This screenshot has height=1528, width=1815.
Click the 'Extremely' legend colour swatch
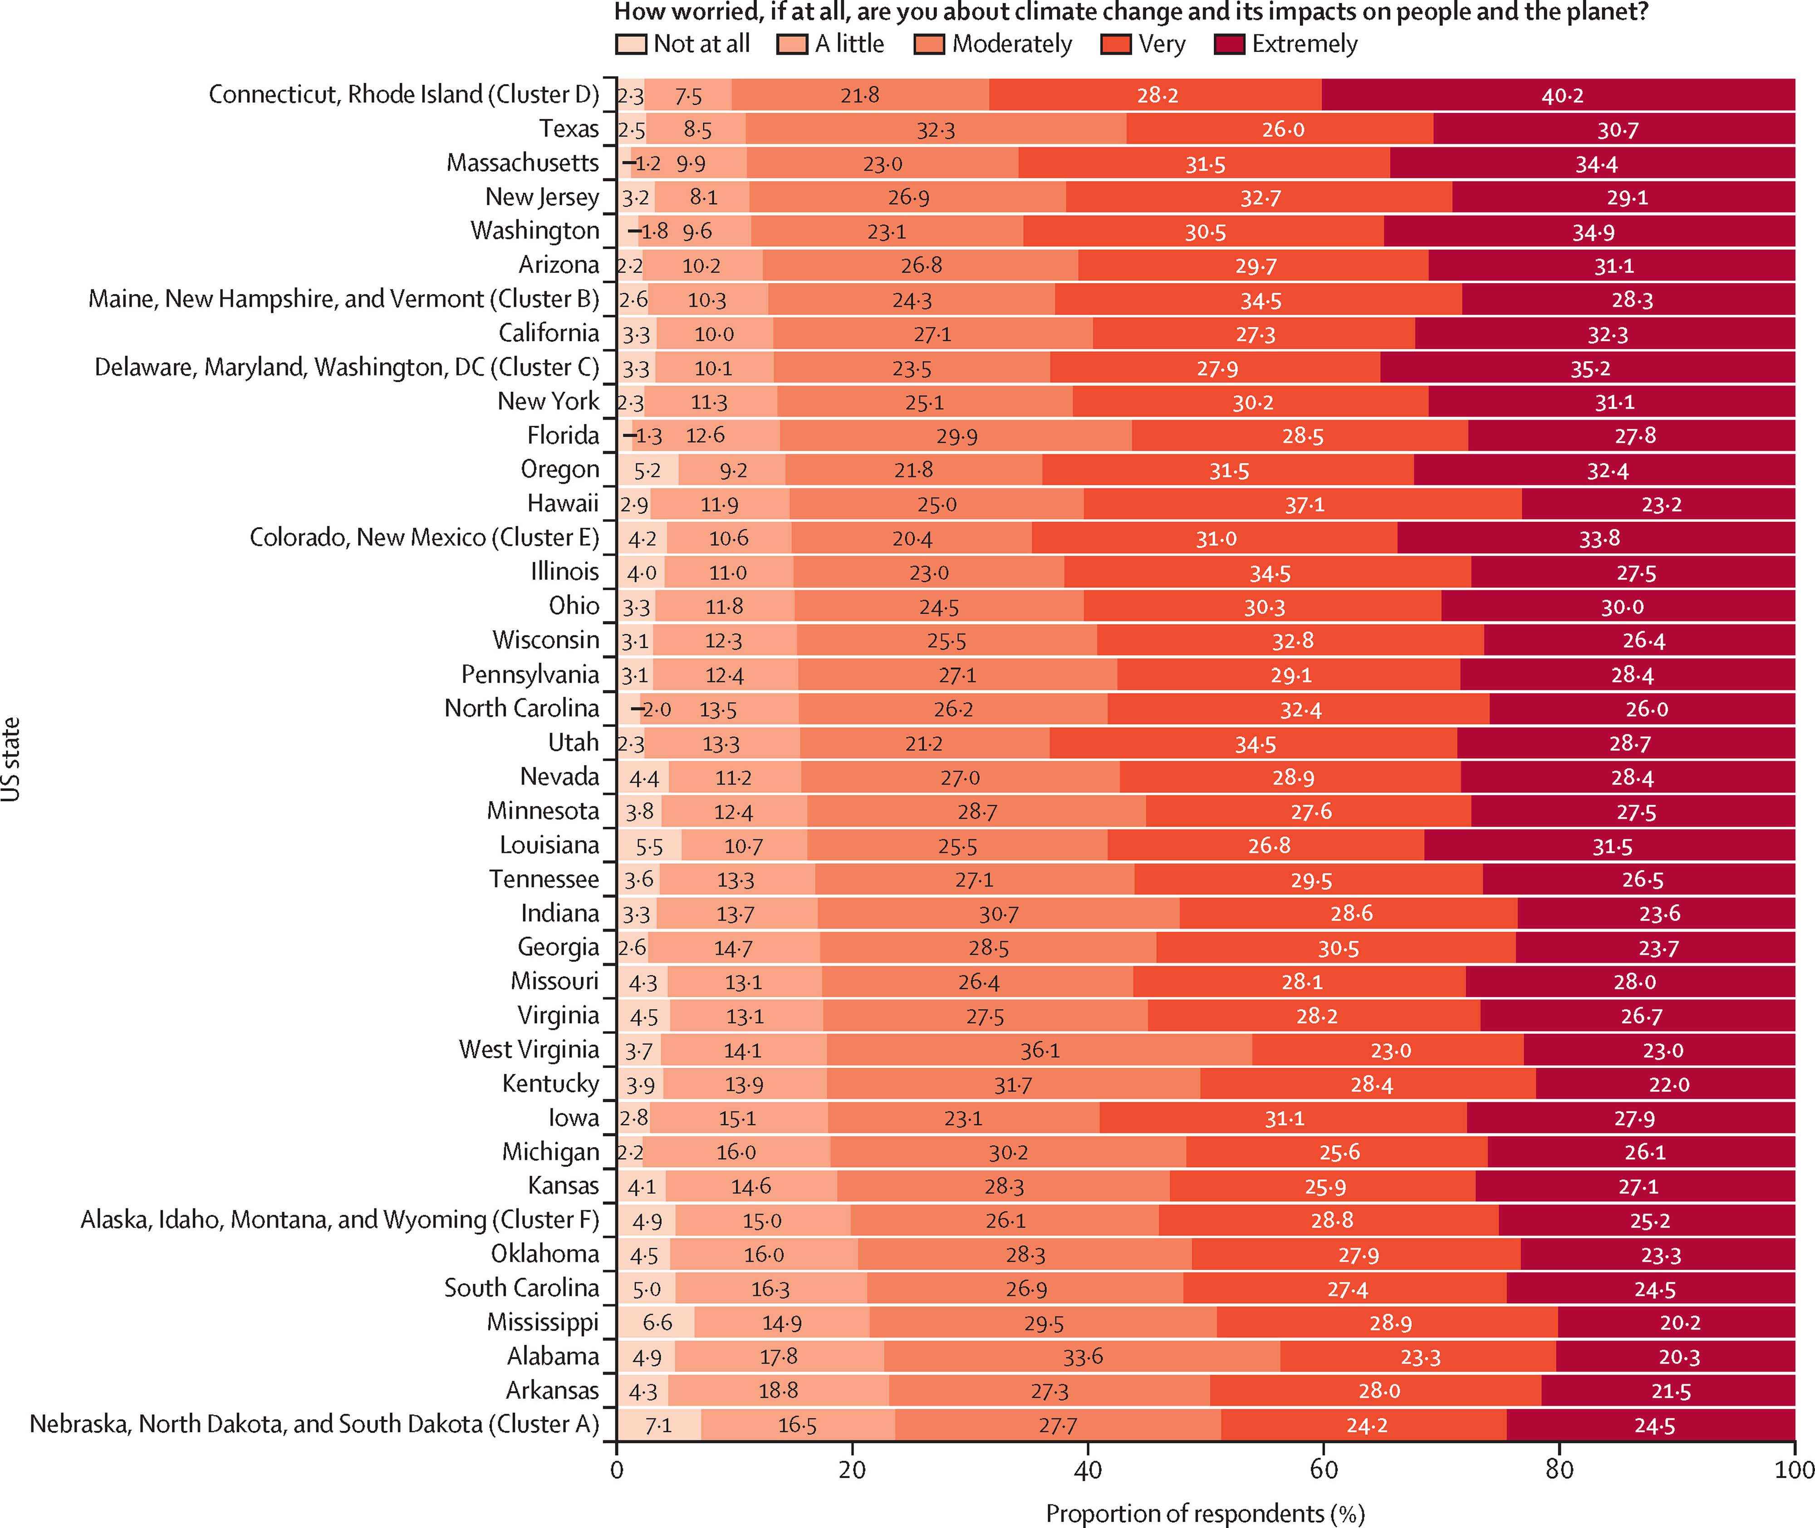[1229, 44]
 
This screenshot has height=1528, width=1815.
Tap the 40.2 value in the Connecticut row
[1562, 95]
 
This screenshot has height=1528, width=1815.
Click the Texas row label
[569, 128]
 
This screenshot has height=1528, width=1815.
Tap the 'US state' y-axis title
[11, 759]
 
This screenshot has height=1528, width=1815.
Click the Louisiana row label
[549, 845]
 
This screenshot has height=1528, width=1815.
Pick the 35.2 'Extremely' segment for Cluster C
[1588, 367]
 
